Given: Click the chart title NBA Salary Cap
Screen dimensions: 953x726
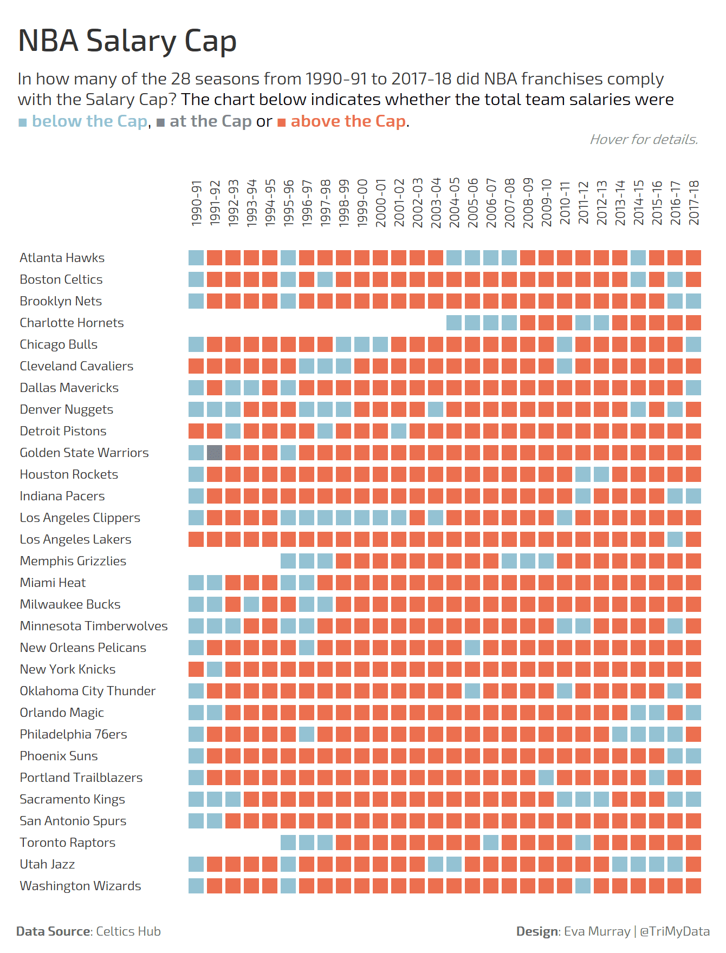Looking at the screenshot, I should (127, 41).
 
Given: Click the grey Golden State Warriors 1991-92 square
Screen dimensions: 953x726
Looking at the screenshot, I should (215, 453).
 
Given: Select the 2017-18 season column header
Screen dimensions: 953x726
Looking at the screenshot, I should (694, 203).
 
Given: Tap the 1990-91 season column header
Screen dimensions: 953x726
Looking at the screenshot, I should (196, 203).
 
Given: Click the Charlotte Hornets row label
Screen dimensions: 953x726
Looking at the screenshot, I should (72, 323).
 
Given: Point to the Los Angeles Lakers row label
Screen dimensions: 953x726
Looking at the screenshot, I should (75, 539).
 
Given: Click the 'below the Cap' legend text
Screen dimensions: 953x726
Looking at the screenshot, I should (89, 121).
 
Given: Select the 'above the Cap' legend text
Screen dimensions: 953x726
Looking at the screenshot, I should (348, 121).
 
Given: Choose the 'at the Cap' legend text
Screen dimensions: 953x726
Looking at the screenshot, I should (210, 121).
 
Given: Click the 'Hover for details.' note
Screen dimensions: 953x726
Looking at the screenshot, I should (644, 140).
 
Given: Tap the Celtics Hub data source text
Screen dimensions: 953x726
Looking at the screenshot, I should (128, 931).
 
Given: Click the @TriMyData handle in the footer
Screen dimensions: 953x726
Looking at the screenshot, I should (675, 931).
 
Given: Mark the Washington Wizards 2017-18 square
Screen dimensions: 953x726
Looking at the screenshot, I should (693, 886).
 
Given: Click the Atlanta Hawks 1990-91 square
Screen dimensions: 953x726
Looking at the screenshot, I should (196, 258).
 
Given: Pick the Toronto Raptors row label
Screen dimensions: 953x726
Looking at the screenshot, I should (67, 843).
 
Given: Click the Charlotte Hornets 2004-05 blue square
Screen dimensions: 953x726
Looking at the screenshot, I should (454, 323).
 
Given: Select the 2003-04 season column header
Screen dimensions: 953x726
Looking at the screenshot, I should (436, 203).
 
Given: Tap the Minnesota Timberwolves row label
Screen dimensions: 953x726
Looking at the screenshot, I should (94, 626).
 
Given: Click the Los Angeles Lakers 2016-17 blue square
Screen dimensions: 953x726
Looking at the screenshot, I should (675, 539).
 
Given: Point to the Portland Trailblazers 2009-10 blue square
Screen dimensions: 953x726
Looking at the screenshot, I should (546, 778).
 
